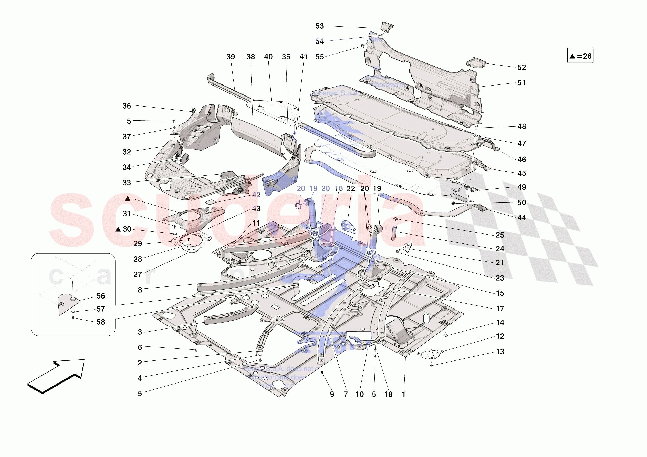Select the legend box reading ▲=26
tap(580, 56)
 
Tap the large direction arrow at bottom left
tap(56, 376)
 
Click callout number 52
tap(521, 67)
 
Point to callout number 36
tap(127, 106)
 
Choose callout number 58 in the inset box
tap(101, 322)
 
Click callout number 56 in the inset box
tap(101, 296)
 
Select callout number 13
tap(500, 352)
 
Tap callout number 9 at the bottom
tap(332, 395)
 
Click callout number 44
tap(521, 218)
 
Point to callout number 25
tap(500, 235)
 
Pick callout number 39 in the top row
tap(231, 57)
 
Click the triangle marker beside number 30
tap(118, 229)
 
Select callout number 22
tap(350, 189)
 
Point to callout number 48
tap(521, 126)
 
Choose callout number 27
tap(138, 274)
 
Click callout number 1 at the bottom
tap(403, 395)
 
